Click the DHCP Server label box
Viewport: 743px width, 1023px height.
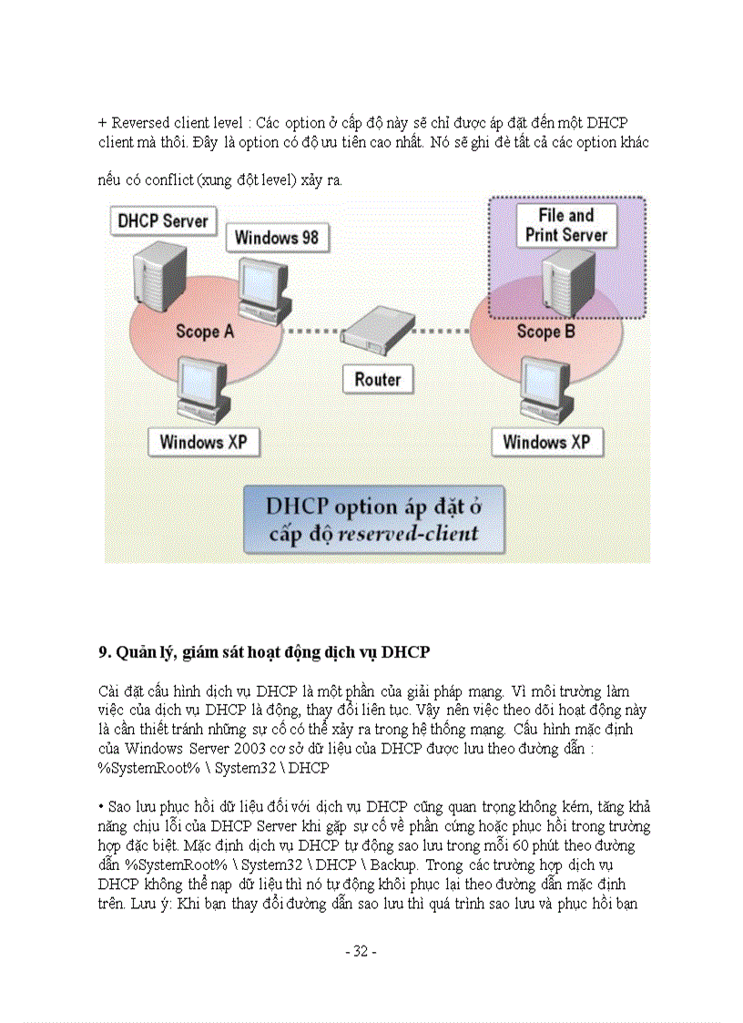click(x=163, y=221)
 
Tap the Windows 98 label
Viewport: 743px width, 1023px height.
click(x=277, y=238)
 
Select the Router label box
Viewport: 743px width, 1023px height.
click(x=377, y=379)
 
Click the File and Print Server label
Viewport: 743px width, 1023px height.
click(x=565, y=225)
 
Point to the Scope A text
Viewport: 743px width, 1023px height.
click(x=204, y=332)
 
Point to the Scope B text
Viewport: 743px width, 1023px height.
click(x=545, y=332)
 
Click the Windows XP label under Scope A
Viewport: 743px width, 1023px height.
click(x=203, y=443)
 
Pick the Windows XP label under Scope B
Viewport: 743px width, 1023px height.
click(x=546, y=443)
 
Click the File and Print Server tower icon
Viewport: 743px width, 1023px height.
click(x=565, y=282)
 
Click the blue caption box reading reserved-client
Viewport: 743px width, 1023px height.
click(x=372, y=520)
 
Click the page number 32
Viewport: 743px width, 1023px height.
click(x=361, y=951)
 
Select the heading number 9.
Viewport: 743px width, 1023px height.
click(x=103, y=652)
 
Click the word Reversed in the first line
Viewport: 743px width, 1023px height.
click(x=142, y=122)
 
